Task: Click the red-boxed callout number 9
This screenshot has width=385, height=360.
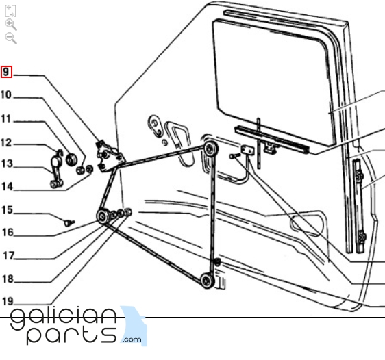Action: click(x=6, y=72)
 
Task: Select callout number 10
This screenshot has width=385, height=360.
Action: click(x=6, y=95)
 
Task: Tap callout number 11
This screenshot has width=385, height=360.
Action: click(x=6, y=119)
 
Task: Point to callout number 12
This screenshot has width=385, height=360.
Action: click(x=6, y=143)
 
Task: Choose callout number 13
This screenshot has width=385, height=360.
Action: click(x=7, y=164)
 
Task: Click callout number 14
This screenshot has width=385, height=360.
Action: click(x=7, y=187)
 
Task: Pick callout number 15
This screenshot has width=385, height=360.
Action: click(x=7, y=210)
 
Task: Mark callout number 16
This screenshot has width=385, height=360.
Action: click(x=8, y=233)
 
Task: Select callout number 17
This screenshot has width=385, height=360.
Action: click(x=9, y=256)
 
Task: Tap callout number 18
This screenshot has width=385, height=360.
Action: click(x=8, y=279)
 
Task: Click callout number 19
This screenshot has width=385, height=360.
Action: click(x=8, y=301)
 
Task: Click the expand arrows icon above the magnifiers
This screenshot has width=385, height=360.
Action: click(x=10, y=11)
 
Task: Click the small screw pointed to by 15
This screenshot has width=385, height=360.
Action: click(x=69, y=223)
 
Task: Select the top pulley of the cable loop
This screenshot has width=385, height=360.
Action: click(x=210, y=149)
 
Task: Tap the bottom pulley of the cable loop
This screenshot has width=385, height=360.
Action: click(x=207, y=281)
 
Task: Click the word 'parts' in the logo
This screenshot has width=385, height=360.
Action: click(x=71, y=335)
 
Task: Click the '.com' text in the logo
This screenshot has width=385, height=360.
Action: click(x=132, y=339)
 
